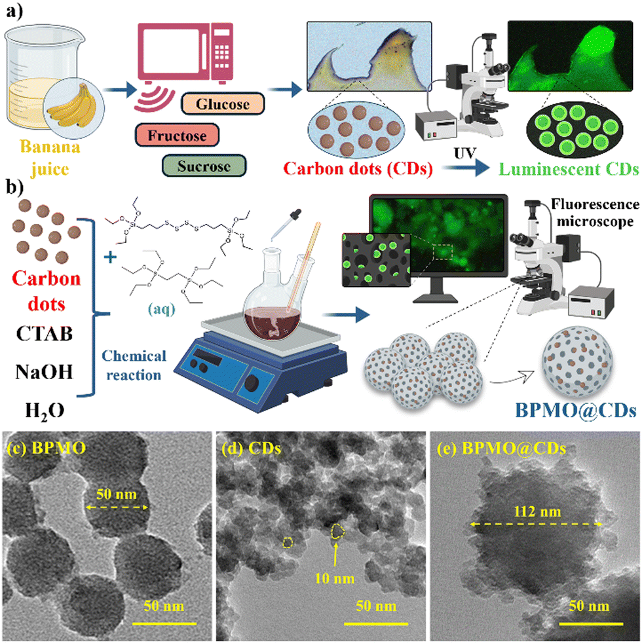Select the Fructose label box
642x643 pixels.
pos(177,136)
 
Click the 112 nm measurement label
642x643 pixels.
pos(535,506)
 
